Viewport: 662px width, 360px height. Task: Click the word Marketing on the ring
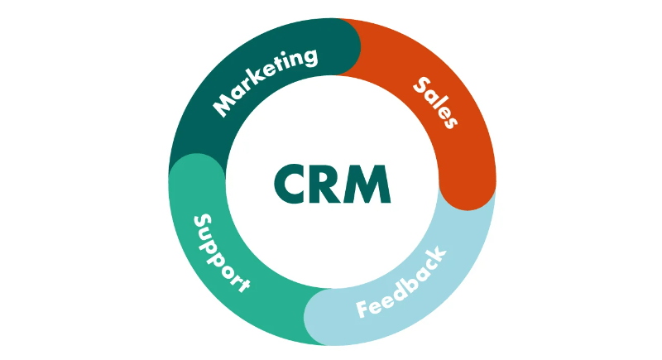(x=265, y=81)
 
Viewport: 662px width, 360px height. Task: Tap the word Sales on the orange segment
(x=436, y=102)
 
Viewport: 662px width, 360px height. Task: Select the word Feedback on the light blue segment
(x=402, y=282)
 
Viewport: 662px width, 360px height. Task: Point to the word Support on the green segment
(x=221, y=252)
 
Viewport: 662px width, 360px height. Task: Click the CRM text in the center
(x=331, y=183)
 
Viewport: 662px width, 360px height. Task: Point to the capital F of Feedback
(x=364, y=309)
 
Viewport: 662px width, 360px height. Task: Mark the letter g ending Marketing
(x=309, y=58)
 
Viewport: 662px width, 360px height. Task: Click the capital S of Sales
(x=420, y=84)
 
